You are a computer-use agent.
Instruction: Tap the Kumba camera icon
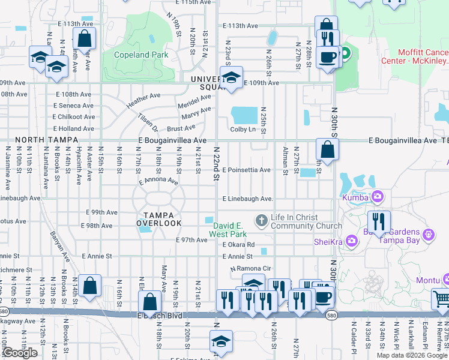tap(378, 196)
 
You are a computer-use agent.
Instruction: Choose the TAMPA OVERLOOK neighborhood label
tap(158, 219)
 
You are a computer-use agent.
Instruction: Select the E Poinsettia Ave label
tap(246, 170)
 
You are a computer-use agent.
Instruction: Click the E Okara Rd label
tap(238, 245)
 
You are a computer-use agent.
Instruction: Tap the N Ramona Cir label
tap(252, 269)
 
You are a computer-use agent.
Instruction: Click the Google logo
tap(20, 353)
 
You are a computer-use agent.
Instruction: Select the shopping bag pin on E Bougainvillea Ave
tap(327, 149)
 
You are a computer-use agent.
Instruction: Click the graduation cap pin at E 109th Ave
tap(231, 77)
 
